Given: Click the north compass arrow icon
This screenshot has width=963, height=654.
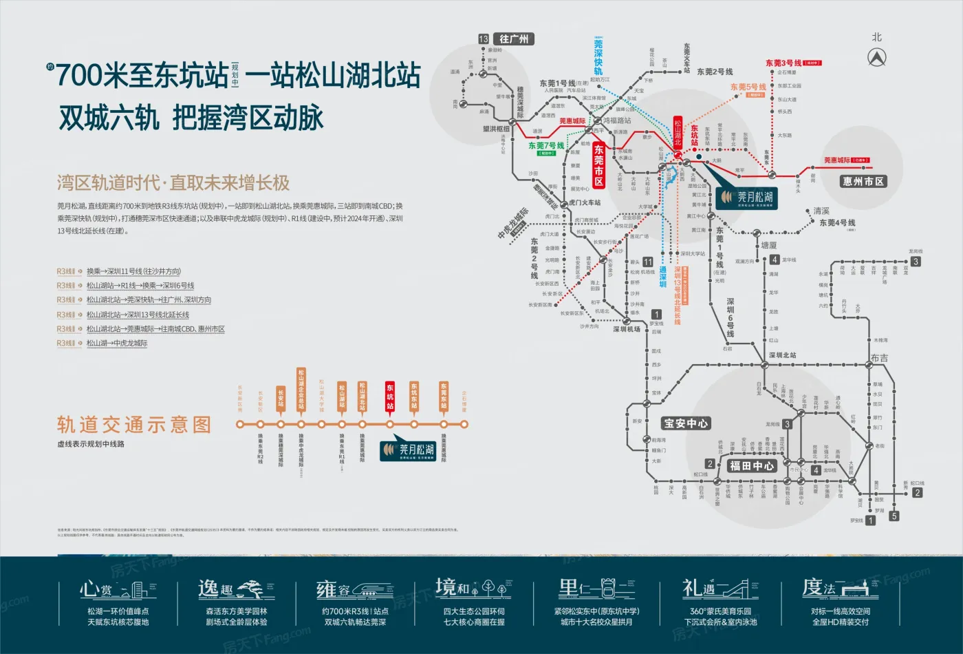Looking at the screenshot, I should [876, 58].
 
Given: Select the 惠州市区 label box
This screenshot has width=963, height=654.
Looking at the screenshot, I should [863, 182].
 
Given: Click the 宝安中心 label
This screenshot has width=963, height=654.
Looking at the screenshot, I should [685, 423].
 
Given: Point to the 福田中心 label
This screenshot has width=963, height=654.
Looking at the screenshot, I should [752, 466].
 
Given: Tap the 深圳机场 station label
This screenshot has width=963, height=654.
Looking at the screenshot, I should [627, 329].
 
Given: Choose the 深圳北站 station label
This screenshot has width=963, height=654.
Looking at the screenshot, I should [782, 355].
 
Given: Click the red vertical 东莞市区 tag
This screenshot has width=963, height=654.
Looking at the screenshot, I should [598, 165].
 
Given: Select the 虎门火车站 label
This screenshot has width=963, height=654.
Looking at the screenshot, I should [585, 202].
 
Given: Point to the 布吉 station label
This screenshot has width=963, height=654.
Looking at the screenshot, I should [879, 358].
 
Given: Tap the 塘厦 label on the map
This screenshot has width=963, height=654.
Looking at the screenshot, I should [768, 245].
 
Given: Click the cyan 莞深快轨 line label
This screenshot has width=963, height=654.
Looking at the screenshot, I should [598, 58].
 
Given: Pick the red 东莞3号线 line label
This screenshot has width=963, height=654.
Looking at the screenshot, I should [784, 63].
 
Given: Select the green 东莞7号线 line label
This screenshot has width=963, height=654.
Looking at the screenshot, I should [546, 146].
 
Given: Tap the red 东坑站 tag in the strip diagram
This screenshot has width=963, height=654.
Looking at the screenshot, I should [390, 397].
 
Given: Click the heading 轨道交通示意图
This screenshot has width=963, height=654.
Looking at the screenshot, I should [134, 425].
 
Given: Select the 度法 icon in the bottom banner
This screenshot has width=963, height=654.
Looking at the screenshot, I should [840, 589].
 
